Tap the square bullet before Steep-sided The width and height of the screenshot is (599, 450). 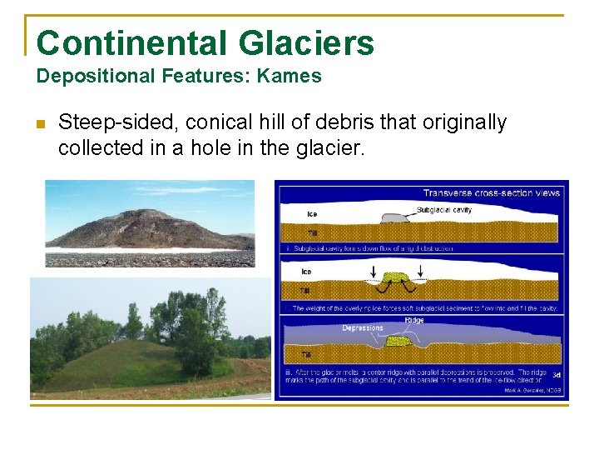[40, 124]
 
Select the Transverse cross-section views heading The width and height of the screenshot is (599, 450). [491, 192]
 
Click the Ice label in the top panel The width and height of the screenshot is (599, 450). [311, 214]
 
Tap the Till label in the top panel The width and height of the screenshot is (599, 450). [311, 233]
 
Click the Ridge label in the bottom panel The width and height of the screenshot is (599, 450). [415, 319]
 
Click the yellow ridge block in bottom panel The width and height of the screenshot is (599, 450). [398, 341]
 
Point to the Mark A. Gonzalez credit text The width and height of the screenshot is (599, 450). [532, 390]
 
